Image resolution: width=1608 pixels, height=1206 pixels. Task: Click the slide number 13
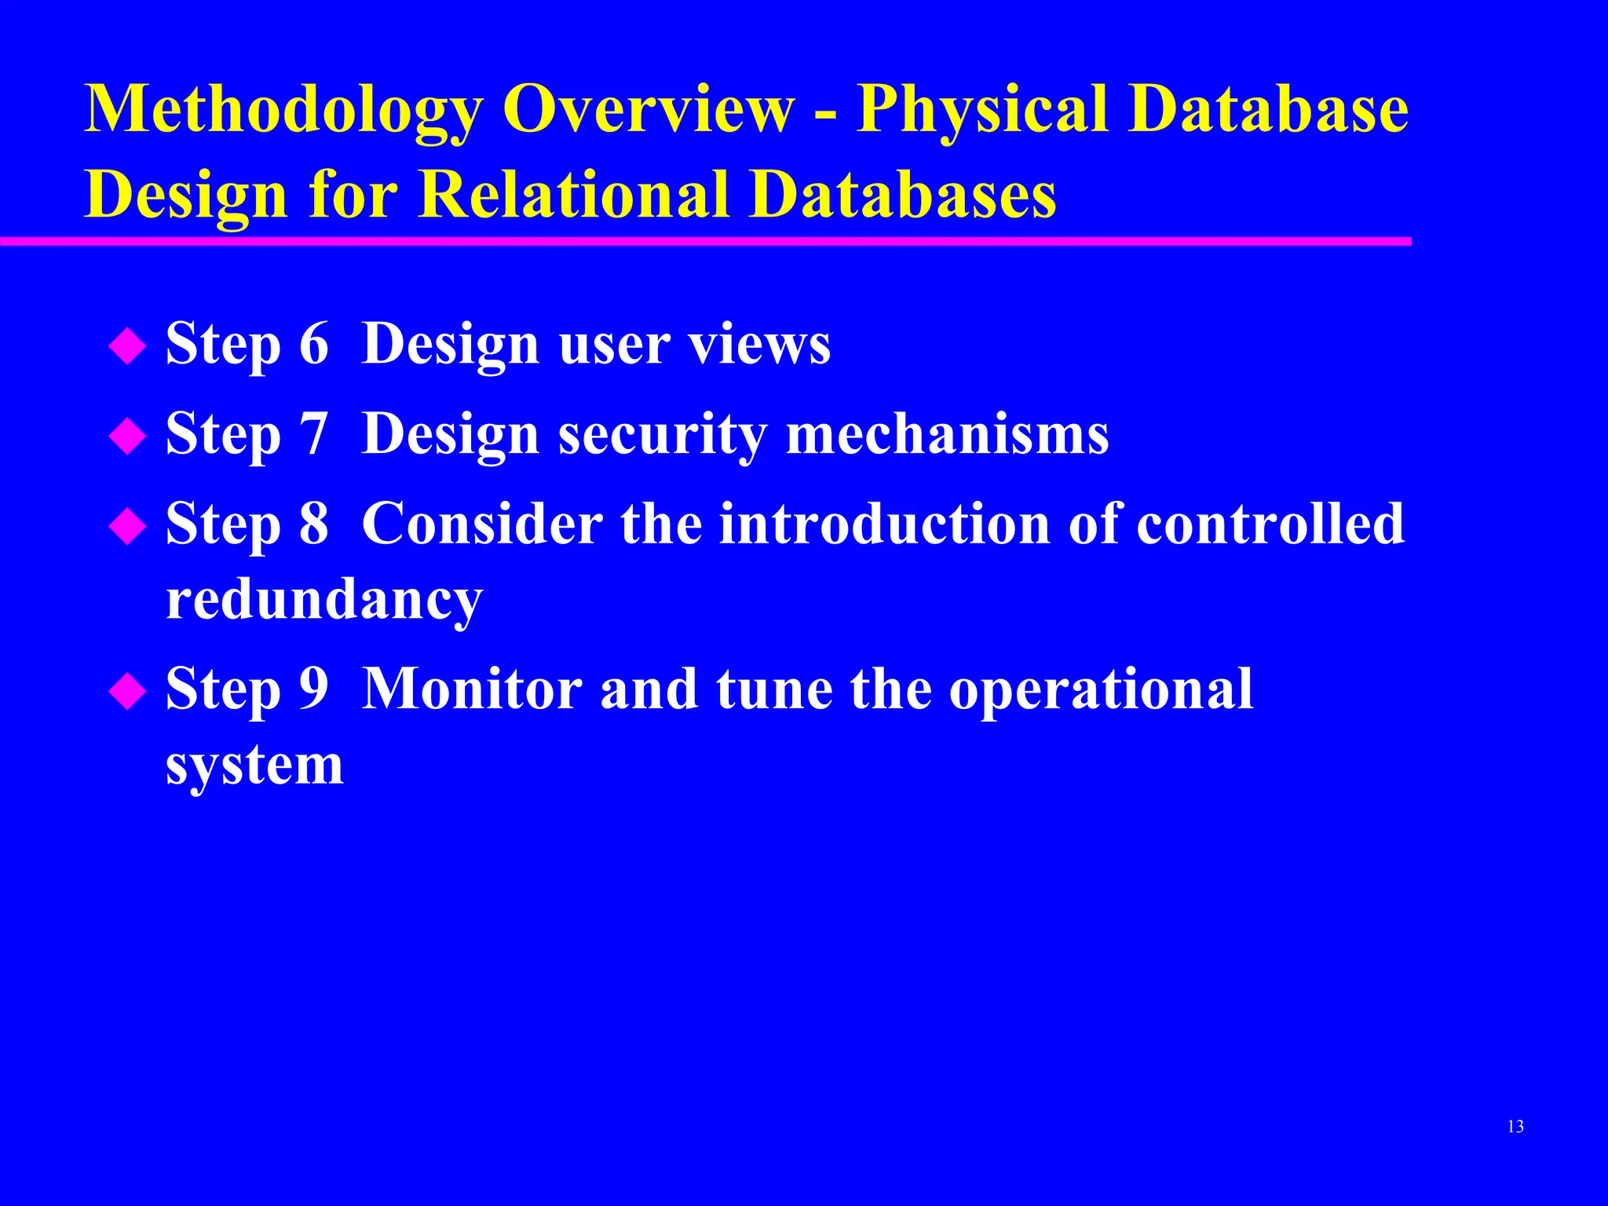[x=1515, y=1127]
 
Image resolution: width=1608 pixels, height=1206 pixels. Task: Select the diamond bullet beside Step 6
[x=127, y=347]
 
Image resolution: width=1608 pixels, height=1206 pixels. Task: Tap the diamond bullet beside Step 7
[x=127, y=437]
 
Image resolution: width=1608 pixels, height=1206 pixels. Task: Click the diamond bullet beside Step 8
[x=127, y=527]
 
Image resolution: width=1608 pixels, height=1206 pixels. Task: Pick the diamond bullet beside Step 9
[x=127, y=692]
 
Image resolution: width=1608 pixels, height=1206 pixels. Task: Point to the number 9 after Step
[x=313, y=689]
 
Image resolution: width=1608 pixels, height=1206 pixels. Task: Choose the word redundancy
[x=324, y=601]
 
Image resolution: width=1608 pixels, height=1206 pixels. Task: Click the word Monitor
[x=472, y=689]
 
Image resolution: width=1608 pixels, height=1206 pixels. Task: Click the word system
[x=254, y=766]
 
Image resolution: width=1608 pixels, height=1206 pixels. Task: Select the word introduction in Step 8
[x=885, y=524]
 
